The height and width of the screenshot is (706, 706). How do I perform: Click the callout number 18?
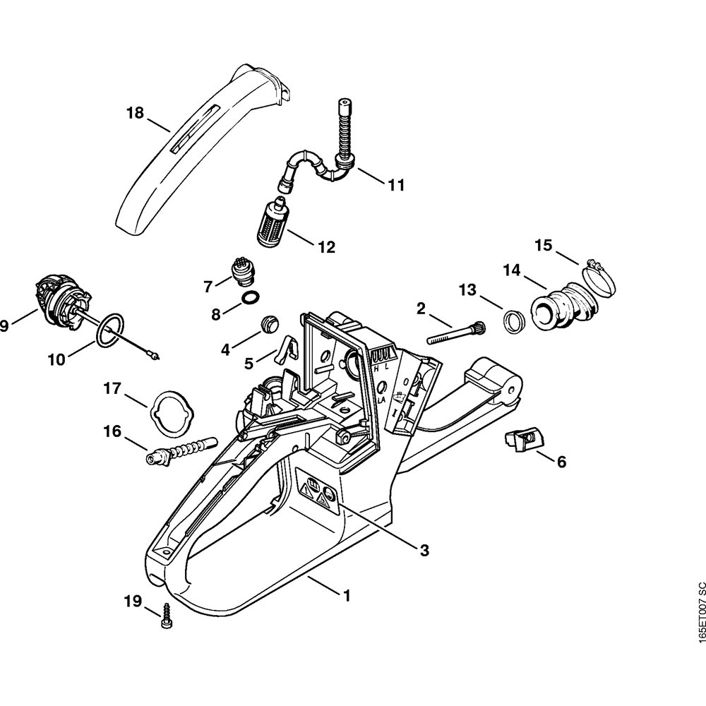pos(135,112)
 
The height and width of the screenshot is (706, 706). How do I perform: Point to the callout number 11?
pos(396,185)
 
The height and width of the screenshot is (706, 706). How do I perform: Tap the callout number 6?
pos(561,462)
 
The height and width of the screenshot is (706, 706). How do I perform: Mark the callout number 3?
pos(424,550)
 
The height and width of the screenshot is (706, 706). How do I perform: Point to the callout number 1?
pos(346,595)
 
